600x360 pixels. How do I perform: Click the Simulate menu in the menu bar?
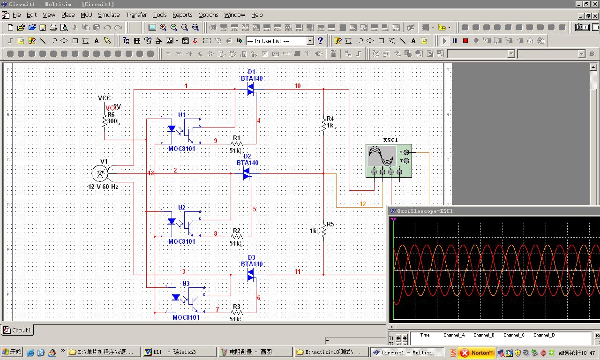pyautogui.click(x=109, y=15)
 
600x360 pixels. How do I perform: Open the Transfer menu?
pyautogui.click(x=136, y=15)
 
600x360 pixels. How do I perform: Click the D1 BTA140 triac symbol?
pyautogui.click(x=250, y=89)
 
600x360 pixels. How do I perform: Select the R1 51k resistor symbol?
pyautogui.click(x=237, y=143)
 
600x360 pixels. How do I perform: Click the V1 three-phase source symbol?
pyautogui.click(x=100, y=173)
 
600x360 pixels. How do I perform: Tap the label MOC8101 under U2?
pyautogui.click(x=182, y=242)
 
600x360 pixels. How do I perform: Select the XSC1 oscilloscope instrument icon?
pyautogui.click(x=389, y=160)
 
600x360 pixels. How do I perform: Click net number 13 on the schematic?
pyautogui.click(x=151, y=173)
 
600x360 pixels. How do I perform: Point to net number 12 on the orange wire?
pyautogui.click(x=363, y=204)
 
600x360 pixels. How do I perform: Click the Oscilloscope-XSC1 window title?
pyautogui.click(x=425, y=211)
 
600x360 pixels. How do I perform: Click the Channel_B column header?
pyautogui.click(x=484, y=335)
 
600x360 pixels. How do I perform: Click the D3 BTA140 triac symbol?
pyautogui.click(x=250, y=274)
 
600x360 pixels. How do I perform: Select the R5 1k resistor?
pyautogui.click(x=323, y=230)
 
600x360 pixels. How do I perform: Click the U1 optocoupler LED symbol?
pyautogui.click(x=172, y=128)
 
